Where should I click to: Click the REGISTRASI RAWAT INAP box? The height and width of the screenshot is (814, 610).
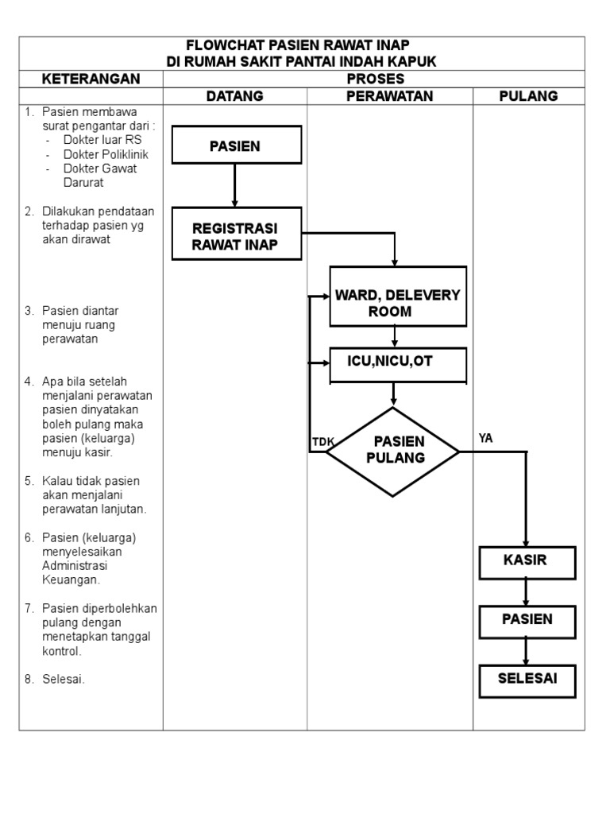click(x=236, y=234)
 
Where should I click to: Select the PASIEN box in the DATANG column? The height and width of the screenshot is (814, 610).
click(x=236, y=145)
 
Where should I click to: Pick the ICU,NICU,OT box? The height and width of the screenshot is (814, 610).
click(x=394, y=362)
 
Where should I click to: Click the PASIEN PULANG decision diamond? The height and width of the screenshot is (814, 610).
click(x=393, y=451)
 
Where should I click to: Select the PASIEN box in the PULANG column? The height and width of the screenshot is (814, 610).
click(x=525, y=619)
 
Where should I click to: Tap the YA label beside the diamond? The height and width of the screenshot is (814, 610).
click(x=486, y=438)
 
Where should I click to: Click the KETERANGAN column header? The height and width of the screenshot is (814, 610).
click(x=91, y=79)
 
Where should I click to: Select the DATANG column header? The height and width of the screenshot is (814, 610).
click(x=234, y=96)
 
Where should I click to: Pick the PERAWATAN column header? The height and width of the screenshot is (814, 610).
click(x=390, y=96)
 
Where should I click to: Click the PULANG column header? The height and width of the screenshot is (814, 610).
click(x=528, y=96)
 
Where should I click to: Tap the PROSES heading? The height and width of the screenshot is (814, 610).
click(x=375, y=79)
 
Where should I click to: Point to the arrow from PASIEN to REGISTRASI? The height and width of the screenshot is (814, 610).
click(x=235, y=185)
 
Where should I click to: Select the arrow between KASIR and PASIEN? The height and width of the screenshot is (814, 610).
click(x=525, y=591)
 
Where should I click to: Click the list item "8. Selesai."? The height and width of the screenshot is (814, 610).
click(x=60, y=680)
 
